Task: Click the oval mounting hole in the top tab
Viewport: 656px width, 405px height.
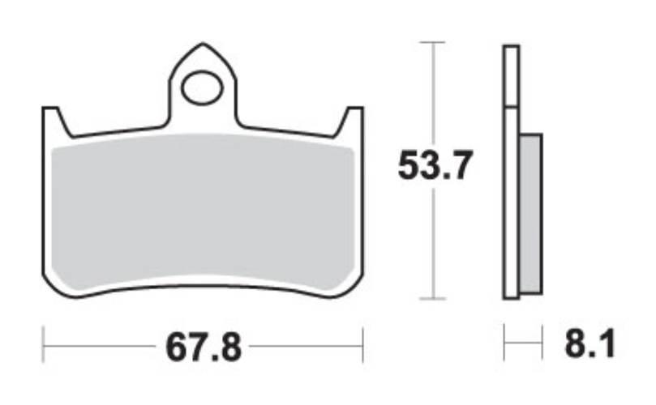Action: [x=201, y=88]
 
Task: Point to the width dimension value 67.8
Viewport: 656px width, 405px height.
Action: [x=204, y=348]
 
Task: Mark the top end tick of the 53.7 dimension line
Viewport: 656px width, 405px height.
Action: [x=434, y=41]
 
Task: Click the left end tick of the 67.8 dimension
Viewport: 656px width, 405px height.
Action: [x=42, y=343]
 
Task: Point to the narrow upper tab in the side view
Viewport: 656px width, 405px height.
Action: [x=510, y=76]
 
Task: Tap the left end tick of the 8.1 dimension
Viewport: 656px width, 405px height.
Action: [x=504, y=343]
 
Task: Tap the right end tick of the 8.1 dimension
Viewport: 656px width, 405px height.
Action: [x=541, y=343]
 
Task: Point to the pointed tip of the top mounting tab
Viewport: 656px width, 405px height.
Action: [x=201, y=48]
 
